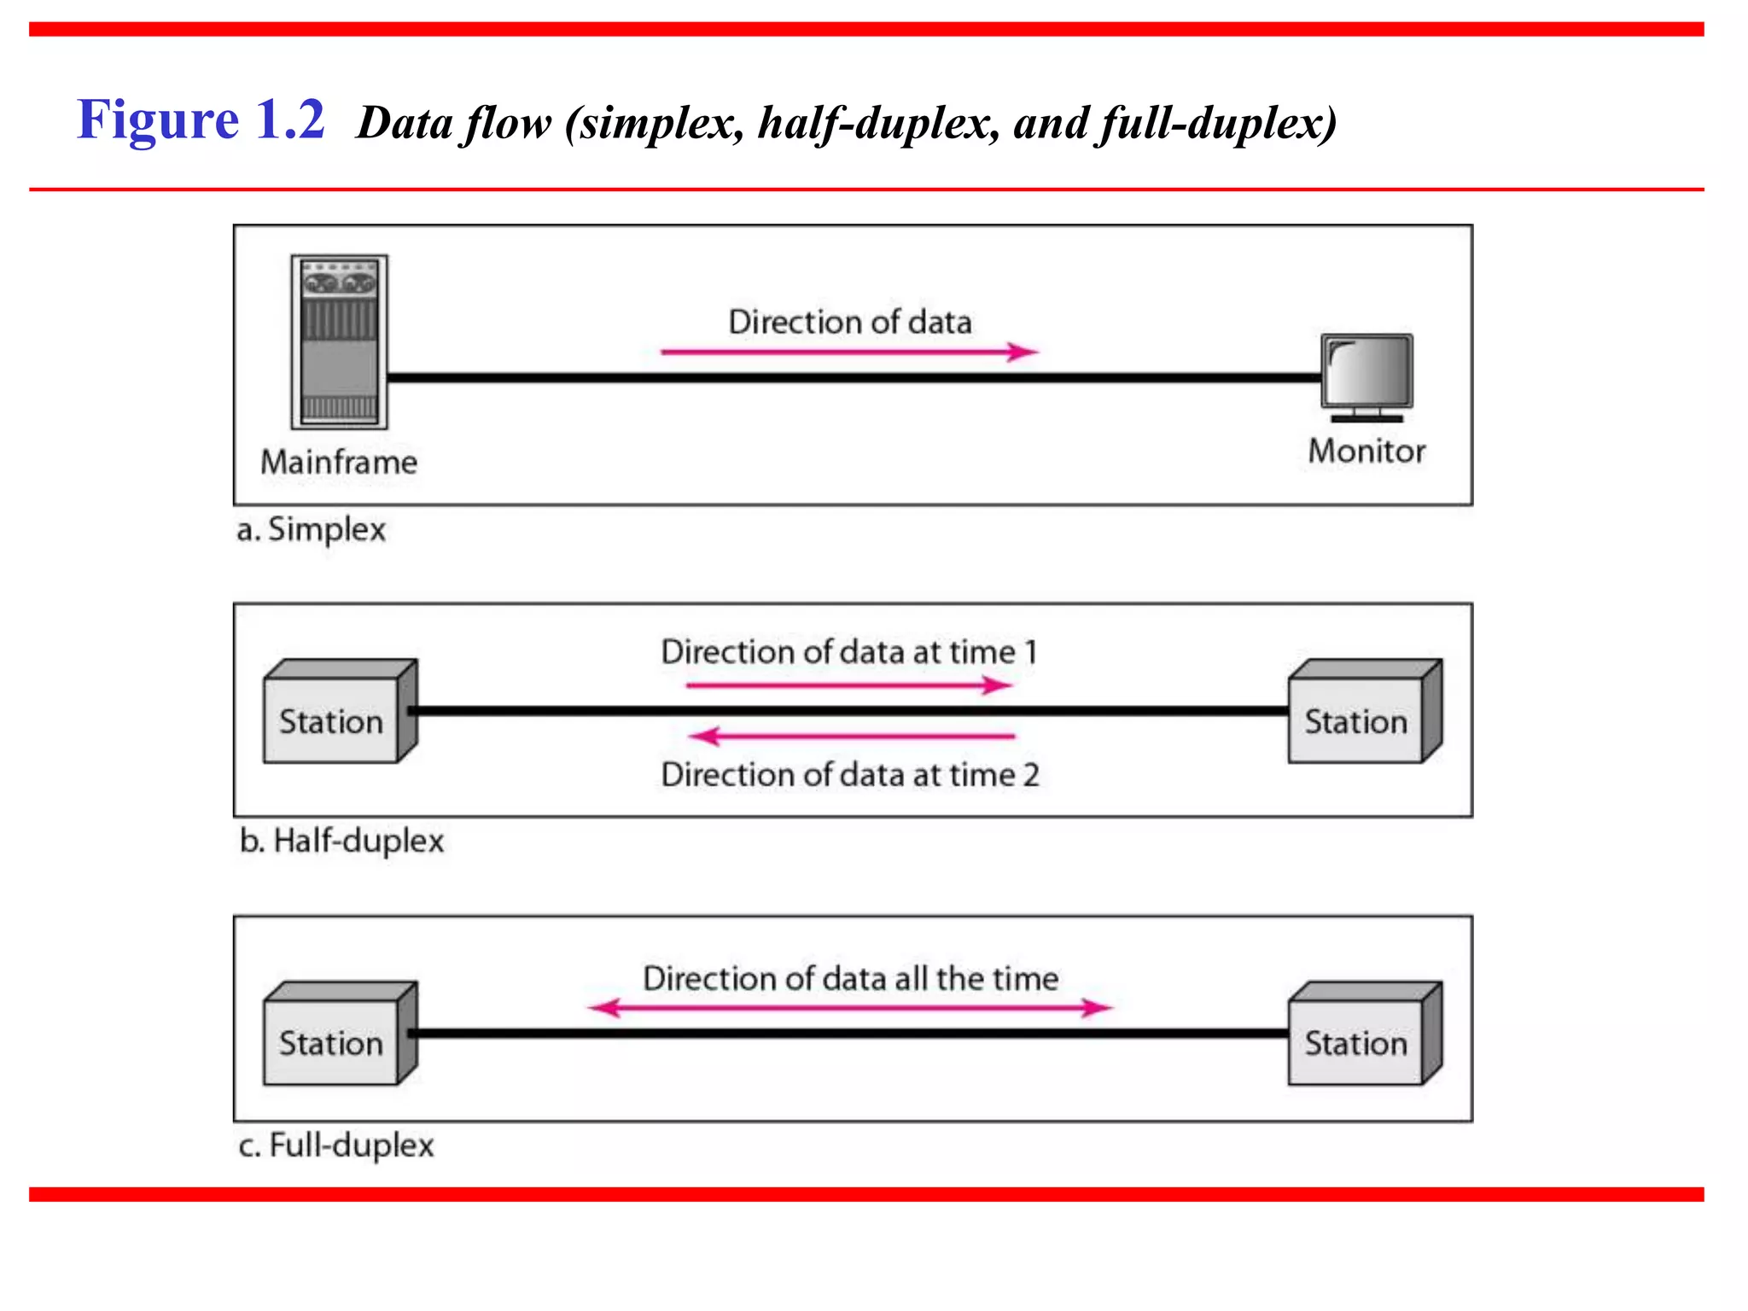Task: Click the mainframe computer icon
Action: click(x=339, y=341)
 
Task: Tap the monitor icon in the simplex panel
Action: click(x=1366, y=376)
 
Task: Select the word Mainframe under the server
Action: click(x=339, y=462)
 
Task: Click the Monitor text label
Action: click(x=1366, y=451)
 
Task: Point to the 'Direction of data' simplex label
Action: click(x=850, y=322)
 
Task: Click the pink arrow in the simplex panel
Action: click(x=850, y=352)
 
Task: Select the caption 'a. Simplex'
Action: click(x=312, y=529)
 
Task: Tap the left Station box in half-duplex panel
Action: click(x=333, y=717)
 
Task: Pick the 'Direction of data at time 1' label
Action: click(x=850, y=652)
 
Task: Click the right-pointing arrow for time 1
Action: click(x=850, y=685)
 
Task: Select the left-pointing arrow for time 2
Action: click(x=852, y=736)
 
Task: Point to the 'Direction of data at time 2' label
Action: click(x=850, y=774)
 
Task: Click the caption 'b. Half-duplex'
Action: click(x=341, y=841)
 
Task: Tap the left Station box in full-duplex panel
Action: click(x=333, y=1039)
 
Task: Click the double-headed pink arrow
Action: click(x=850, y=1008)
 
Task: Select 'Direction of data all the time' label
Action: click(x=850, y=978)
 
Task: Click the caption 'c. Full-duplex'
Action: click(x=336, y=1145)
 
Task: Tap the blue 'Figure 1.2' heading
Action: click(x=201, y=119)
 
